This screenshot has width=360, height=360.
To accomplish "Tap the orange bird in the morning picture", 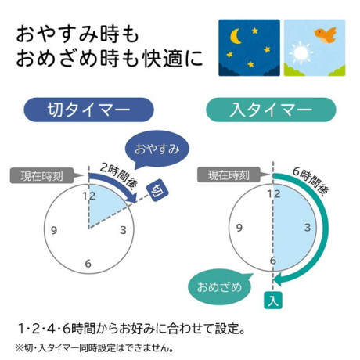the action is point(326,35).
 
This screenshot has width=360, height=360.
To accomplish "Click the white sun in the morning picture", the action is point(301,53).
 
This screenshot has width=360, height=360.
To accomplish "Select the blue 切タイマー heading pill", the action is point(88,110).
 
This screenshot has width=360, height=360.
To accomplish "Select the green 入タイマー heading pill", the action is point(271,110).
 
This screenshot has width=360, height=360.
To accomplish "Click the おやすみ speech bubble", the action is point(157,149).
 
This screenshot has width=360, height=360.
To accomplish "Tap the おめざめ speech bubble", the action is point(220,287).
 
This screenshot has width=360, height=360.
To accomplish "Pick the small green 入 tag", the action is point(273,301).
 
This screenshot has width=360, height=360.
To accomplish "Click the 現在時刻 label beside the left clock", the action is point(41,176).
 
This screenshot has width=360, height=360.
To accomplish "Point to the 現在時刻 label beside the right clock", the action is point(229,175).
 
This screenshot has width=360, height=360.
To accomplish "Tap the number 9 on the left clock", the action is point(54,230).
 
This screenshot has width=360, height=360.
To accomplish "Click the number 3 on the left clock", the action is point(123,230).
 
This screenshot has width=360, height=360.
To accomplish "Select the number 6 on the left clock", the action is point(88,264).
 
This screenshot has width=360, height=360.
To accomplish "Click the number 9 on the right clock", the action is point(239,228).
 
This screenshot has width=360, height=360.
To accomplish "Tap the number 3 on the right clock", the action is point(308,228).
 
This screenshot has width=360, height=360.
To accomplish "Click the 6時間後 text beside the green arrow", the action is point(310,181).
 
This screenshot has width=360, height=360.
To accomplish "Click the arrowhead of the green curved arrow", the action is point(279,280).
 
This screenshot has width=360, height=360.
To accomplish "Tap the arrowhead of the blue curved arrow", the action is point(131,197).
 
